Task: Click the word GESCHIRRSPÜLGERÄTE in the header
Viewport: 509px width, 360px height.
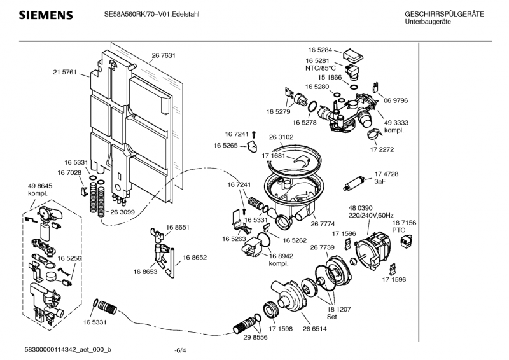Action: click(x=444, y=14)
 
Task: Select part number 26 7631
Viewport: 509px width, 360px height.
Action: click(x=164, y=56)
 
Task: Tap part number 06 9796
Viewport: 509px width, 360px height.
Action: click(x=395, y=100)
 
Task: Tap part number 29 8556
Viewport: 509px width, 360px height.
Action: click(x=255, y=337)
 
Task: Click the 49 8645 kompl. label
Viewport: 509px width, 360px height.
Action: click(x=39, y=189)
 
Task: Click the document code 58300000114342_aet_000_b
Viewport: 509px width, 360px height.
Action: click(x=67, y=350)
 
